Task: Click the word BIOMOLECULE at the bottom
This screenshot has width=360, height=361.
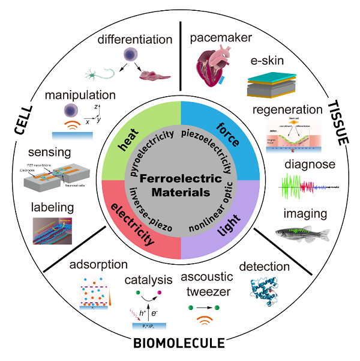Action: (x=179, y=343)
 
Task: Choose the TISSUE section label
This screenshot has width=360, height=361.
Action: (x=337, y=124)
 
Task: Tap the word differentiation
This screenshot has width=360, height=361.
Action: (x=136, y=40)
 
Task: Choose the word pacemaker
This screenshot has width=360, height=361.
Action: (x=220, y=38)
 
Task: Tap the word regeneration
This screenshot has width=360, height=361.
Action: (x=287, y=110)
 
